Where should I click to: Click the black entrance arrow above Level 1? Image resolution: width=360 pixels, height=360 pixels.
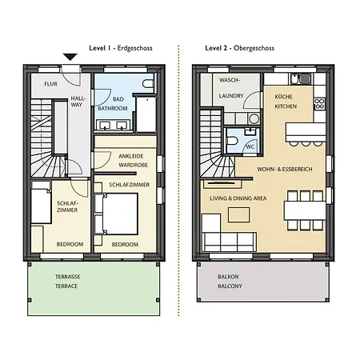70,57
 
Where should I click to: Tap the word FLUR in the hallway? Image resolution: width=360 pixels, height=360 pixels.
50,84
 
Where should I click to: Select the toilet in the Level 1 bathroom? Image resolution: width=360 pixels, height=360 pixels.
149,84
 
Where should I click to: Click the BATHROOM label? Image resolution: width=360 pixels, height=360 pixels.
113,108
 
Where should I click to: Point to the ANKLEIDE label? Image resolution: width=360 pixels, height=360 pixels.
131,156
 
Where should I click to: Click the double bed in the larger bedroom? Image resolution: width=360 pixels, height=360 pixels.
120,214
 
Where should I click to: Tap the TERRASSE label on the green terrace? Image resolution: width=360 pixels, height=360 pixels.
68,277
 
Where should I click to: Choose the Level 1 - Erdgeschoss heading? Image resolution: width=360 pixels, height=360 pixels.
121,48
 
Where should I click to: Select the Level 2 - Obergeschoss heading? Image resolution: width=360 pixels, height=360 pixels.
240,48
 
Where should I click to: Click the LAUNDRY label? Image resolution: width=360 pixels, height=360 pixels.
231,96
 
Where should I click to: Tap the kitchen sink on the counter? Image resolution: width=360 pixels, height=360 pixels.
301,78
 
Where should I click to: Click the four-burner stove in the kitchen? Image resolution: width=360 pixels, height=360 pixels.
319,104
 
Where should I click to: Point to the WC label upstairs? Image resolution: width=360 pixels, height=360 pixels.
250,146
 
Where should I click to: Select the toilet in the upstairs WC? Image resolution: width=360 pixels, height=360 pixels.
232,141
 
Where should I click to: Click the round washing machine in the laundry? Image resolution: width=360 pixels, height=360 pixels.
254,118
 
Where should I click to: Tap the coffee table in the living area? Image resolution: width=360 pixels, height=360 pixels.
239,214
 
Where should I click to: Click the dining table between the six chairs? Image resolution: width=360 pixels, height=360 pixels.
305,210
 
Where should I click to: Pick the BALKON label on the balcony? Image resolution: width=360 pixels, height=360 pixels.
229,277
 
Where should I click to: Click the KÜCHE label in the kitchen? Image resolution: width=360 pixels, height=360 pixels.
283,97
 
